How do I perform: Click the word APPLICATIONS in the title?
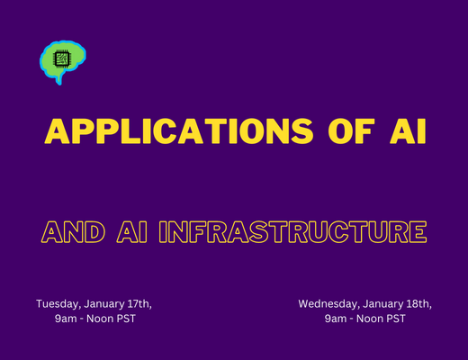(x=179, y=131)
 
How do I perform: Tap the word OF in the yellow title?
(x=351, y=131)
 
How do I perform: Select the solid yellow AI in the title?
(x=408, y=131)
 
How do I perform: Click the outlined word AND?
(x=73, y=231)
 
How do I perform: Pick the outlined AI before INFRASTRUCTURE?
(x=131, y=231)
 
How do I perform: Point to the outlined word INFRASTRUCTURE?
(x=292, y=231)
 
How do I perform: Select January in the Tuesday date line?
(x=104, y=304)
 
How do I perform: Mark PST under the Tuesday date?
(x=125, y=319)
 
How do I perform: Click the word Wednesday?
(x=328, y=304)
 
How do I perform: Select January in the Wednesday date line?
(x=382, y=304)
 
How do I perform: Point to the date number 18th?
(x=418, y=304)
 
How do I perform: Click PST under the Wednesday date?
(x=395, y=319)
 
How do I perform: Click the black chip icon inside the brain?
(x=62, y=58)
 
